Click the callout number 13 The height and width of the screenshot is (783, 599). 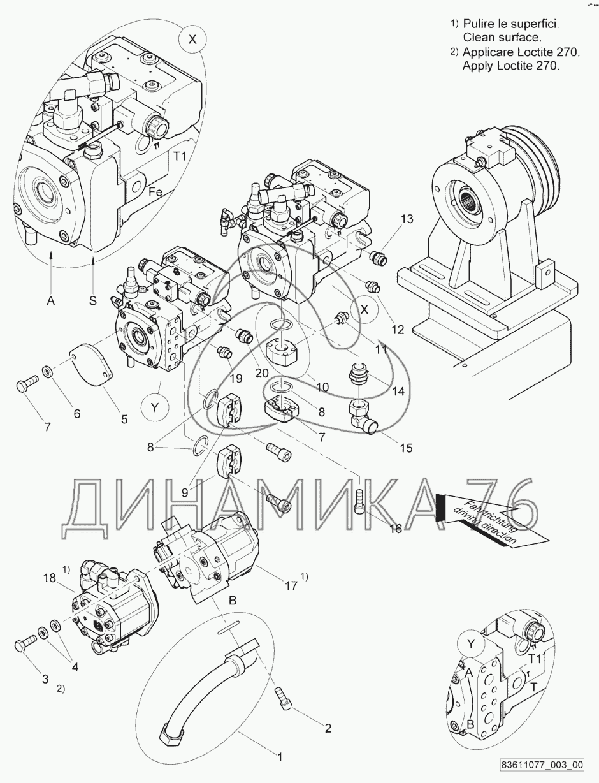pos(407,219)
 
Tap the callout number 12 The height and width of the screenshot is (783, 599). pos(398,330)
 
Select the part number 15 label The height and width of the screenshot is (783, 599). pos(406,448)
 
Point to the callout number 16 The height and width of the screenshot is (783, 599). pos(396,528)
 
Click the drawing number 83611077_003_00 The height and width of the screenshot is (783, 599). pos(542,765)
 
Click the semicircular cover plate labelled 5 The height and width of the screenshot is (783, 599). pos(91,367)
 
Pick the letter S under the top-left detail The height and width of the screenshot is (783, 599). pos(93,300)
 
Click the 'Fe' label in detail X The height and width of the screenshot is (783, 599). pos(155,191)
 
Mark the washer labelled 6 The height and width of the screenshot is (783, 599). pos(47,371)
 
